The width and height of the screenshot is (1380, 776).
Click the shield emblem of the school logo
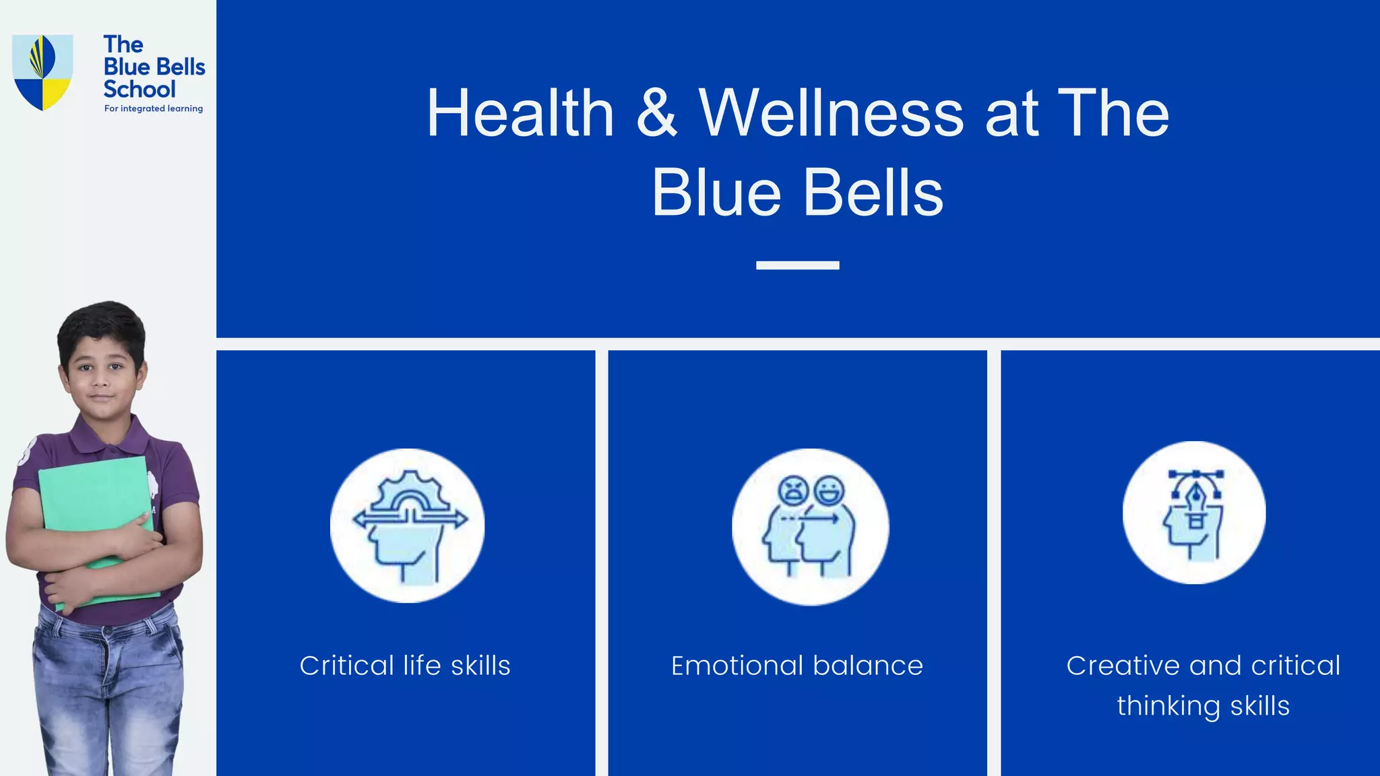42,72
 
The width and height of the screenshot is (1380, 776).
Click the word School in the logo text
139,90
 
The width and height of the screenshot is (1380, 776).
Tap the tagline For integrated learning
154,108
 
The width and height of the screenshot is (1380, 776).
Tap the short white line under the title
797,265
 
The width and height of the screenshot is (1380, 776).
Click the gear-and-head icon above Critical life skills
408,525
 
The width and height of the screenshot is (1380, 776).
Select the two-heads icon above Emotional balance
810,527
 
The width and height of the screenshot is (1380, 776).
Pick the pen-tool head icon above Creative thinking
1194,513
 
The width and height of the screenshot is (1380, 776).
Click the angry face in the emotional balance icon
794,490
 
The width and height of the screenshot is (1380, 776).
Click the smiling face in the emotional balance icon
829,490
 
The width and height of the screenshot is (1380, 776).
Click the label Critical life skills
405,666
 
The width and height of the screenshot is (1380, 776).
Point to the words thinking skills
1203,706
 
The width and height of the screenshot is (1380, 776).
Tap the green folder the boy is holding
94,498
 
